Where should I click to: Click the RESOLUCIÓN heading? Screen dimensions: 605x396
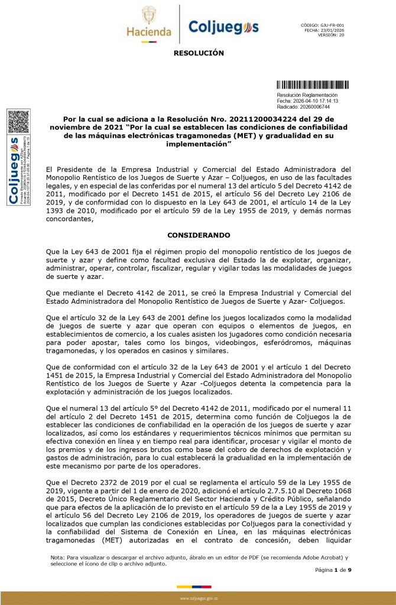pos(199,53)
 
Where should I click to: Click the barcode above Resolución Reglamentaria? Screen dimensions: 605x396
pos(313,84)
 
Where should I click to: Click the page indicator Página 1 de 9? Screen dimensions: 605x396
pos(333,570)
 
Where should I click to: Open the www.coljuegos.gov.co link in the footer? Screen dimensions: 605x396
pos(199,599)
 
